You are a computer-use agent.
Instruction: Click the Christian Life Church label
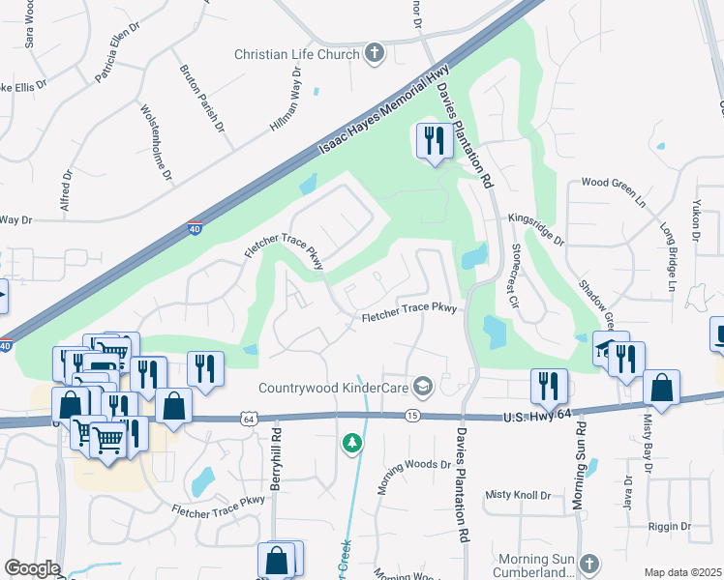296,54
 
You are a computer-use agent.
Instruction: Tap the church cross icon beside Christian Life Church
375,54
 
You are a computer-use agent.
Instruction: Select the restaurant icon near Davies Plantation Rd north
431,141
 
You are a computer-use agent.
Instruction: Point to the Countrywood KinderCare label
334,388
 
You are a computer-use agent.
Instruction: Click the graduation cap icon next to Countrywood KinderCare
421,388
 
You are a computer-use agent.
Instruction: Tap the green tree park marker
352,443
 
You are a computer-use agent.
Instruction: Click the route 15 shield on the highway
412,415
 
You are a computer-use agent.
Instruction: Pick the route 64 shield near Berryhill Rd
249,418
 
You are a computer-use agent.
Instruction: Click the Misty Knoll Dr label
518,495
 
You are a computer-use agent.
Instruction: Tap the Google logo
32,568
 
